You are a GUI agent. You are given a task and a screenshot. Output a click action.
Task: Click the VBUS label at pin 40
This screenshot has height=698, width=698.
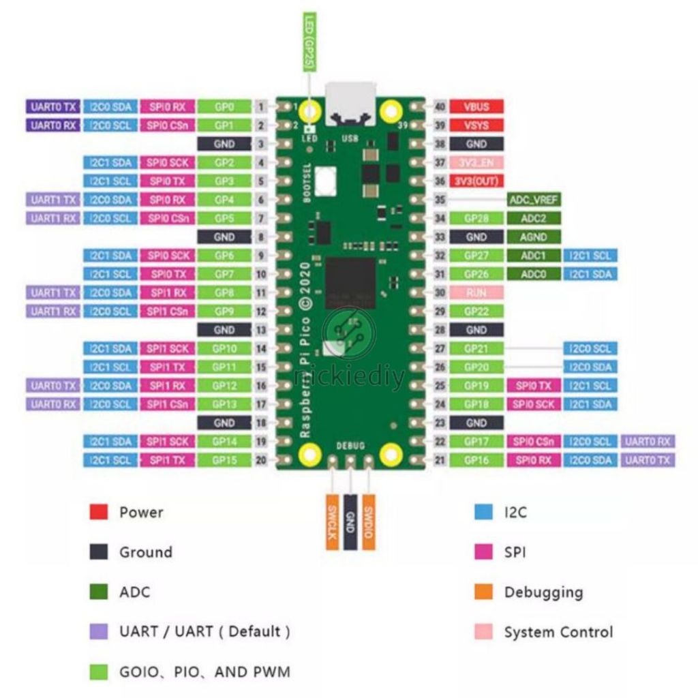(x=476, y=107)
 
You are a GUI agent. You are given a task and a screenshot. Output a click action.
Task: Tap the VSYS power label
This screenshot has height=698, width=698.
(x=476, y=125)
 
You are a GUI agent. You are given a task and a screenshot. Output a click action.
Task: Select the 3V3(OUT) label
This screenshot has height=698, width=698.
(x=476, y=181)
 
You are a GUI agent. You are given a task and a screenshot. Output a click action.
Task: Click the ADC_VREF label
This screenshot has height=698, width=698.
(x=534, y=200)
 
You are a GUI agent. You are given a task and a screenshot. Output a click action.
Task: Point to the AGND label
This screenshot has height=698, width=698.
(x=534, y=237)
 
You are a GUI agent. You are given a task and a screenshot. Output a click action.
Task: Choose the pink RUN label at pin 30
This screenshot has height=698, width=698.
(x=476, y=292)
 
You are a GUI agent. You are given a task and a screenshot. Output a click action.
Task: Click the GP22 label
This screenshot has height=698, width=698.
(x=476, y=312)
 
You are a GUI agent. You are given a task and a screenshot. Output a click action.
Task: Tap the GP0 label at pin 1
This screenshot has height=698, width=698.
(x=224, y=107)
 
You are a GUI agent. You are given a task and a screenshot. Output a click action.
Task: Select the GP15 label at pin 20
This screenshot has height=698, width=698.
(x=224, y=460)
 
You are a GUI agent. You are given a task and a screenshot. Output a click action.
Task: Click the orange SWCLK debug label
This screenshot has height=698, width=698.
(x=332, y=521)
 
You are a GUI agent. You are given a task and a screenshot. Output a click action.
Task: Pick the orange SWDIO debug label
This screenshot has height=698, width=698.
(x=368, y=521)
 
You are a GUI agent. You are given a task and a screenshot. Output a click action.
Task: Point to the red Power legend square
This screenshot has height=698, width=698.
(x=99, y=512)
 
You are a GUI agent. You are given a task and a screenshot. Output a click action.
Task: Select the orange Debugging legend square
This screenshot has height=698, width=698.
(x=483, y=592)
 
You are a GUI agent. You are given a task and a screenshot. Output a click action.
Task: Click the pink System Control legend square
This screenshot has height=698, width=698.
(x=483, y=632)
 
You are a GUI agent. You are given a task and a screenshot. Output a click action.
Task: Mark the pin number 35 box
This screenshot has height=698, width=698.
(x=440, y=200)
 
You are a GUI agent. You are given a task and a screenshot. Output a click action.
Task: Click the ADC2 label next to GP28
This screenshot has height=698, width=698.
(x=534, y=219)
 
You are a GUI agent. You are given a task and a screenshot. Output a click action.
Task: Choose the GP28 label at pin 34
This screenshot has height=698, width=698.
(x=476, y=219)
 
